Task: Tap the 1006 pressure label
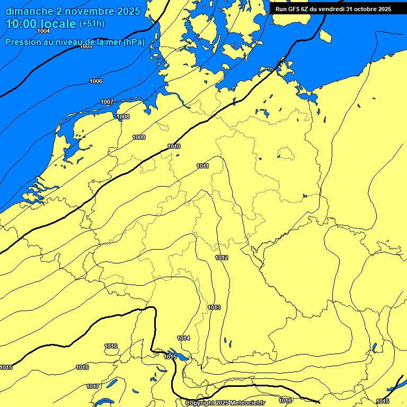[x=96, y=81]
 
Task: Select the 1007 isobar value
[x=107, y=102]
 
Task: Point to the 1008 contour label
[x=123, y=117]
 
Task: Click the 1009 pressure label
[x=139, y=137]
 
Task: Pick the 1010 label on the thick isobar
[x=174, y=146]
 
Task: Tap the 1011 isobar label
[x=202, y=166]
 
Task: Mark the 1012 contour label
[x=222, y=258]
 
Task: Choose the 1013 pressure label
[x=214, y=307]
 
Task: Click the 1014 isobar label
[x=183, y=338]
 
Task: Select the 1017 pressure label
[x=93, y=386]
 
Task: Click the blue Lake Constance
[x=178, y=355]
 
